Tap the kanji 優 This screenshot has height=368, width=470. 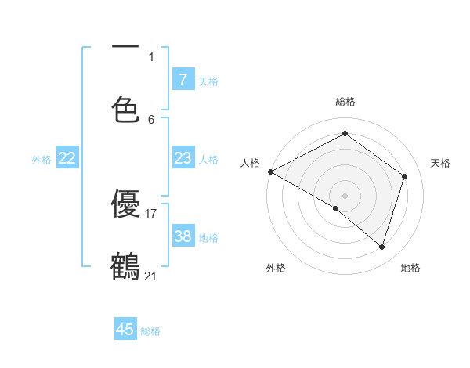[125, 204]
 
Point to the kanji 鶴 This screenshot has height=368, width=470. [125, 266]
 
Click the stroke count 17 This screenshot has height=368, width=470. [151, 213]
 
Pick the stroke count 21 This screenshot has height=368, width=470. [151, 276]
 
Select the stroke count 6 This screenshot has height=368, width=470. [151, 119]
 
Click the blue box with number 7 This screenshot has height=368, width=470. [183, 79]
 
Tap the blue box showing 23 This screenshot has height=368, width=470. [183, 158]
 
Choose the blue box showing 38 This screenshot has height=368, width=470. [183, 236]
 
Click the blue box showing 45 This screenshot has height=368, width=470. [125, 330]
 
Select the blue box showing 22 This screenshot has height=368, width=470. [67, 158]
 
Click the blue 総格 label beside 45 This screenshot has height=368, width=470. [150, 331]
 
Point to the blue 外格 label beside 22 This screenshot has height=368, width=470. [42, 160]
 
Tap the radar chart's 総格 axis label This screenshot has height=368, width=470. [345, 102]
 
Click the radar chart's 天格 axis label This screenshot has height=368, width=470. [441, 163]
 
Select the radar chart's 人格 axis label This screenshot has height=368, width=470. [250, 163]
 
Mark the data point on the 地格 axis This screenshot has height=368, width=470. [381, 247]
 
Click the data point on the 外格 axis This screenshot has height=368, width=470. [336, 208]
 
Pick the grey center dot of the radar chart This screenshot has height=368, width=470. [345, 195]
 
